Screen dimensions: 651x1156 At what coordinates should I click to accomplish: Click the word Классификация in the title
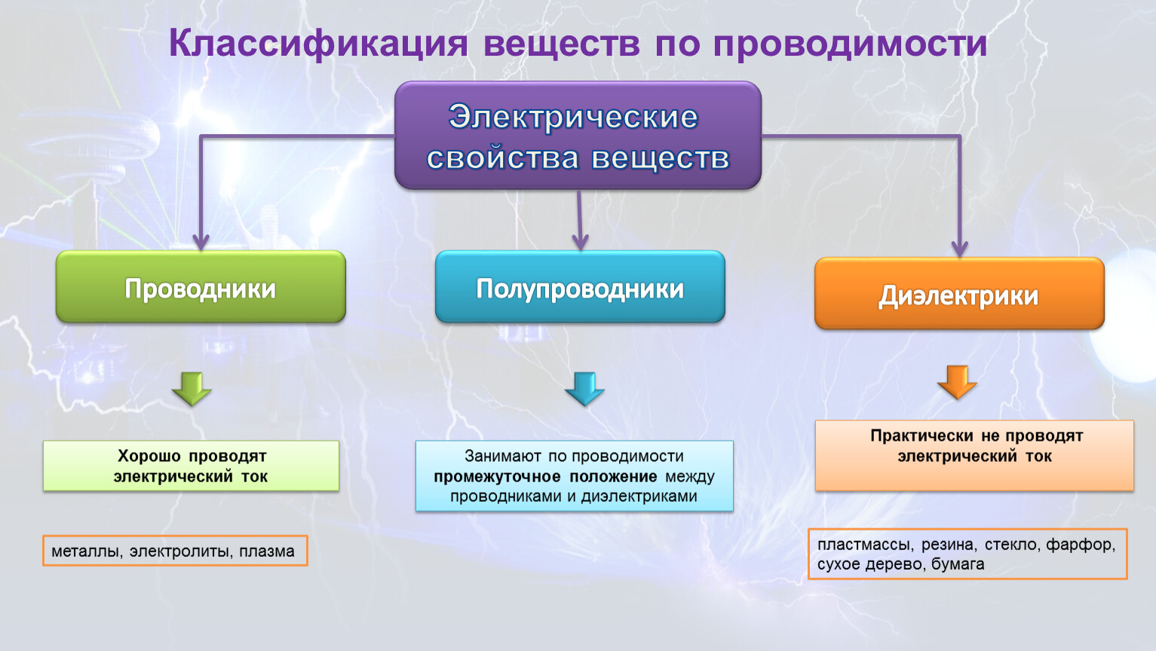pos(317,44)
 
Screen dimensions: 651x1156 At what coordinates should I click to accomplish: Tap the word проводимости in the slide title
pos(850,44)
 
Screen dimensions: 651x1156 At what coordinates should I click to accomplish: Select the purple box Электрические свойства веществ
pos(578,136)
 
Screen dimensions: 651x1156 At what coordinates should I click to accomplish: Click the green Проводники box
pos(201,287)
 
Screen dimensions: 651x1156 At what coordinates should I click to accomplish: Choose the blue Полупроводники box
pos(580,287)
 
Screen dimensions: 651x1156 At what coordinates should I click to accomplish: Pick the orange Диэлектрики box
pos(959,294)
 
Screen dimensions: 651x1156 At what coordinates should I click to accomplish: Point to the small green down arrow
pos(192,388)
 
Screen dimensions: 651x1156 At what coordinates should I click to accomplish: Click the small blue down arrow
pos(584,388)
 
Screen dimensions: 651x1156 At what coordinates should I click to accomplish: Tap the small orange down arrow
pos(957,381)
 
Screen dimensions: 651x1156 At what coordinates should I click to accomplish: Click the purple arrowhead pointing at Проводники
pos(201,241)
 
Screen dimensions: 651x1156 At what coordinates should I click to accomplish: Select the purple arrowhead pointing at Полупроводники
pos(580,241)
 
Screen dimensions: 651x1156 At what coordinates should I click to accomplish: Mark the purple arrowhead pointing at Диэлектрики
pos(959,248)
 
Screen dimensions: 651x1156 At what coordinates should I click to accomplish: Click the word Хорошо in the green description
pos(149,456)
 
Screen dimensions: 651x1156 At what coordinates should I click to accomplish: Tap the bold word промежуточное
pos(497,476)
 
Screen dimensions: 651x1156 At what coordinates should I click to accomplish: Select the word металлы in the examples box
pos(85,551)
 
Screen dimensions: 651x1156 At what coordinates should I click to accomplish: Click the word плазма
pos(267,551)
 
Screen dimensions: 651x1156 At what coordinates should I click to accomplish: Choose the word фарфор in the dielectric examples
pos(1080,544)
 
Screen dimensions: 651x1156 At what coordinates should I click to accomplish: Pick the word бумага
pos(958,564)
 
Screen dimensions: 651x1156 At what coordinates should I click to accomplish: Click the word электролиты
pos(179,551)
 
